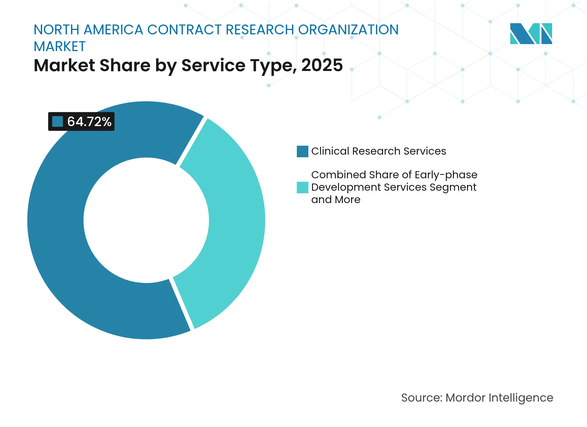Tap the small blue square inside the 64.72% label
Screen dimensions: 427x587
(x=57, y=121)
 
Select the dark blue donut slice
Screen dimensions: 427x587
(x=58, y=231)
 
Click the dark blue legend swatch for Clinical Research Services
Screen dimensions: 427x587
(x=302, y=151)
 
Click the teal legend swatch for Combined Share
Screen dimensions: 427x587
(x=302, y=187)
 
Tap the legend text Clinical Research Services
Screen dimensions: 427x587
(x=378, y=151)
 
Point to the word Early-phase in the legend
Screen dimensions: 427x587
(x=446, y=175)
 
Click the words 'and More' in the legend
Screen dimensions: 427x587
(x=335, y=200)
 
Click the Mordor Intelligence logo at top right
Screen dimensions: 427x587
(x=531, y=33)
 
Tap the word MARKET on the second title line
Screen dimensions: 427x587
(x=60, y=46)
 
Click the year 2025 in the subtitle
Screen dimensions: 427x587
(x=322, y=65)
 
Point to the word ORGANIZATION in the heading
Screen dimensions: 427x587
(x=348, y=30)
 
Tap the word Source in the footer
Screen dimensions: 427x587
(x=421, y=398)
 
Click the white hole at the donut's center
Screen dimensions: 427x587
(x=146, y=220)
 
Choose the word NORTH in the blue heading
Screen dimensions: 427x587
(x=57, y=30)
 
